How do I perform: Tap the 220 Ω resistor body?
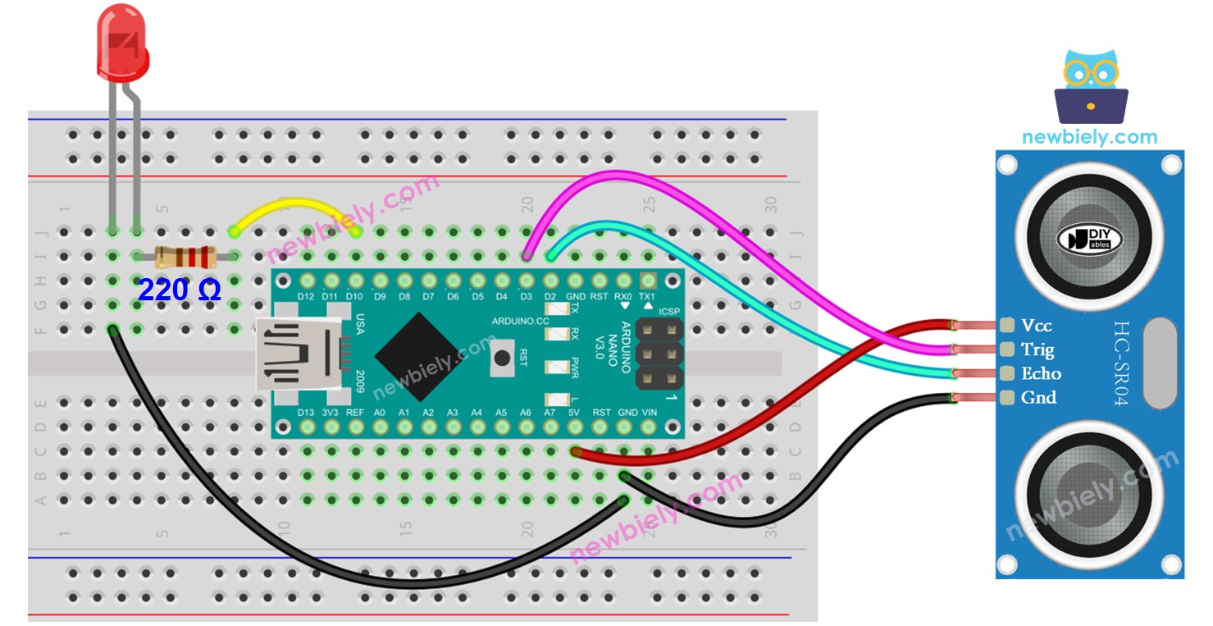pyautogui.click(x=186, y=257)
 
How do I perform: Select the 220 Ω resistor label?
pyautogui.click(x=179, y=290)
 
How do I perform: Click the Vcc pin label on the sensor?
pyautogui.click(x=1036, y=326)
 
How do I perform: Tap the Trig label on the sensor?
pyautogui.click(x=1037, y=350)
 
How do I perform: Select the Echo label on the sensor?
pyautogui.click(x=1041, y=373)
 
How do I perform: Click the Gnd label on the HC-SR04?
pyautogui.click(x=1037, y=398)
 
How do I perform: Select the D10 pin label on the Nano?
pyautogui.click(x=354, y=296)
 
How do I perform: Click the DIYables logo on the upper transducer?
pyautogui.click(x=1090, y=238)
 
